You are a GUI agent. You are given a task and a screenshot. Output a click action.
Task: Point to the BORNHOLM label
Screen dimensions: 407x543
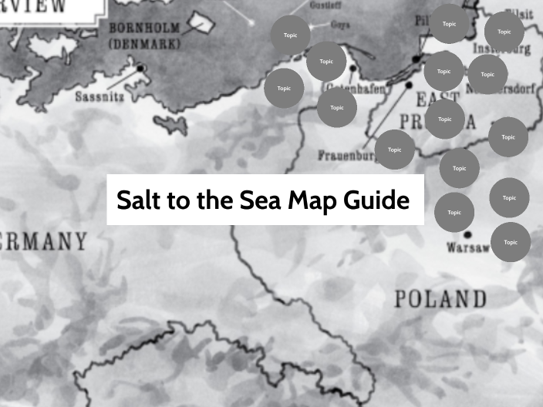point(144,29)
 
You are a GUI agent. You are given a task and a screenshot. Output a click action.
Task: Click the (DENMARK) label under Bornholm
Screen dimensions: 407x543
point(144,44)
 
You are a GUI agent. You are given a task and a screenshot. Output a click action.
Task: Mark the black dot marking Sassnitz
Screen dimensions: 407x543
point(141,69)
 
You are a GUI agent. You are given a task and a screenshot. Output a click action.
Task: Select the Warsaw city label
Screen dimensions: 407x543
point(467,247)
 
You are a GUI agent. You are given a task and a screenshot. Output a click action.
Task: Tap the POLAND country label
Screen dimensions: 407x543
point(440,298)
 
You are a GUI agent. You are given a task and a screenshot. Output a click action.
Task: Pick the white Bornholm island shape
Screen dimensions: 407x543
point(207,23)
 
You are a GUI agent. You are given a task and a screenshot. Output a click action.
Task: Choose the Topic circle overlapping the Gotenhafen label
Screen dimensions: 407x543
point(337,107)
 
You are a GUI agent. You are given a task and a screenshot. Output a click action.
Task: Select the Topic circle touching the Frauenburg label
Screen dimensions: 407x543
point(395,150)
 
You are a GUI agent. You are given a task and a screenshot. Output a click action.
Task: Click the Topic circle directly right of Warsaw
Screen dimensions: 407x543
point(511,242)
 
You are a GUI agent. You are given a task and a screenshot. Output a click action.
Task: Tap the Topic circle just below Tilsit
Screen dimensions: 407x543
point(504,32)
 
